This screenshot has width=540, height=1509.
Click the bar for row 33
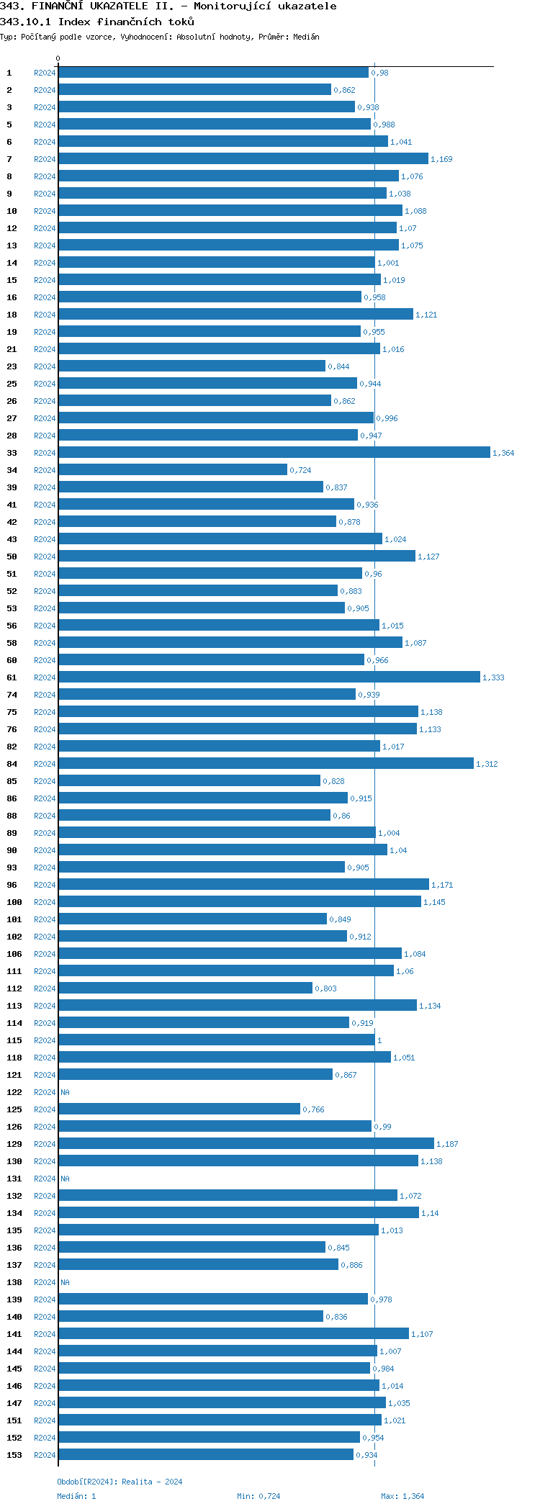274,452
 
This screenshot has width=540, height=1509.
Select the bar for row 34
173,469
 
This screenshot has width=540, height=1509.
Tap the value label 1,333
493,677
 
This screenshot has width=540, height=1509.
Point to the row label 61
12,677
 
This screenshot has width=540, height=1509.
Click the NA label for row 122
65,1092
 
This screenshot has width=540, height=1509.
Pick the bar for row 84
266,763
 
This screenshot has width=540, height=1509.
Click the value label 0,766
313,1109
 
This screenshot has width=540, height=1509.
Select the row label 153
14,1455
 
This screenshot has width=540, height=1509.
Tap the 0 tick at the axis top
58,59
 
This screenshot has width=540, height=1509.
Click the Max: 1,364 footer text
402,1496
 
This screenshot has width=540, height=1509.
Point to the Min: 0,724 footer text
258,1496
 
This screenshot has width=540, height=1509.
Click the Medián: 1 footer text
76,1496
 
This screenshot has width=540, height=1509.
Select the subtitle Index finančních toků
126,22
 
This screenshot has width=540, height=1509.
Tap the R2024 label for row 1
45,73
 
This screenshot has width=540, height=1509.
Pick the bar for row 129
246,1143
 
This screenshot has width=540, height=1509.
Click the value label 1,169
441,159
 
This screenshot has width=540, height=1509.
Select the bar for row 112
185,988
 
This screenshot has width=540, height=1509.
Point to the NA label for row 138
65,1282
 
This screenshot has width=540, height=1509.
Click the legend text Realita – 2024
152,1482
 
